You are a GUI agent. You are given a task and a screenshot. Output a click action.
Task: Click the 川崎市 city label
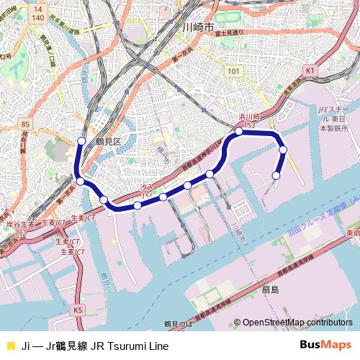[x=199, y=27]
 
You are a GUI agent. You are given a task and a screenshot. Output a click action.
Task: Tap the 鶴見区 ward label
[x=110, y=142]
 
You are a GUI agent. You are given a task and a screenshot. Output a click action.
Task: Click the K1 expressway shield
[x=310, y=71]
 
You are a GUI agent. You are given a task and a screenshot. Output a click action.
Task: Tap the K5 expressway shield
[x=78, y=310]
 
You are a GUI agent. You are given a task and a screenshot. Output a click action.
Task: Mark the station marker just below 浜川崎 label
[x=239, y=132]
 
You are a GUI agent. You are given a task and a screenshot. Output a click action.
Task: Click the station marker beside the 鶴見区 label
[x=81, y=141]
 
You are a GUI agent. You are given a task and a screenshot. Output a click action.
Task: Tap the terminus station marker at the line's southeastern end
[x=276, y=175]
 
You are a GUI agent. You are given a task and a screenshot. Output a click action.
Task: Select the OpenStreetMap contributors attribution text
[x=298, y=323]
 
